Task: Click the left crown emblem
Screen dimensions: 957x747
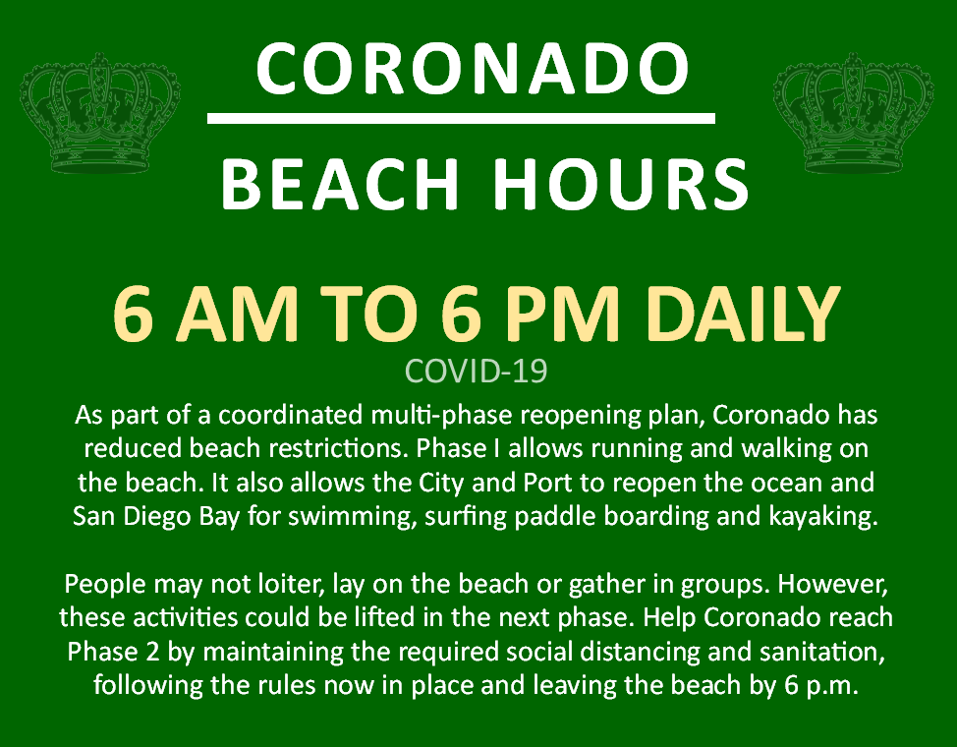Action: [x=100, y=112]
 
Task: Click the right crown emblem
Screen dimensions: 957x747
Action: [x=853, y=112]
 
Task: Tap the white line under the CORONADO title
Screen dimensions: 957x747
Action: [x=461, y=118]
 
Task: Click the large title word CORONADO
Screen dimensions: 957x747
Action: [x=473, y=68]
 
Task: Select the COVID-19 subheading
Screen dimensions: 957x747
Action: [x=477, y=371]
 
